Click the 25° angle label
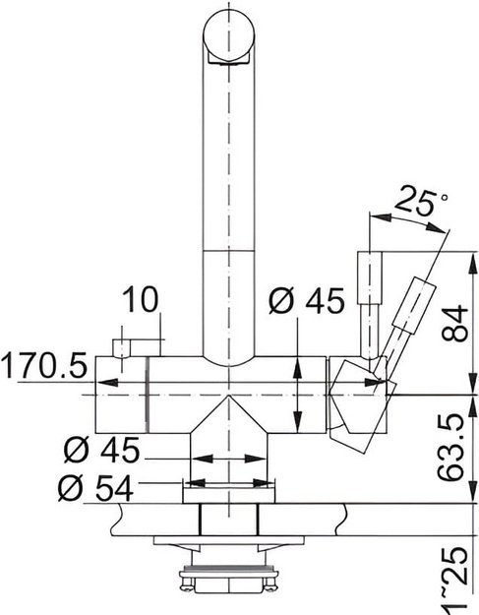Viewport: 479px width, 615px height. point(421,201)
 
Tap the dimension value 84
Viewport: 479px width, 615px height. point(454,324)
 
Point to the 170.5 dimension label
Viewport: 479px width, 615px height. point(43,365)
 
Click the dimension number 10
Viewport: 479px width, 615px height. point(141,299)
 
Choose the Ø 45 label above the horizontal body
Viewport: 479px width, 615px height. point(306,301)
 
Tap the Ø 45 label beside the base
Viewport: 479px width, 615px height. point(101,450)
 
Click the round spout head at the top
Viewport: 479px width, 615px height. point(228,36)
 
